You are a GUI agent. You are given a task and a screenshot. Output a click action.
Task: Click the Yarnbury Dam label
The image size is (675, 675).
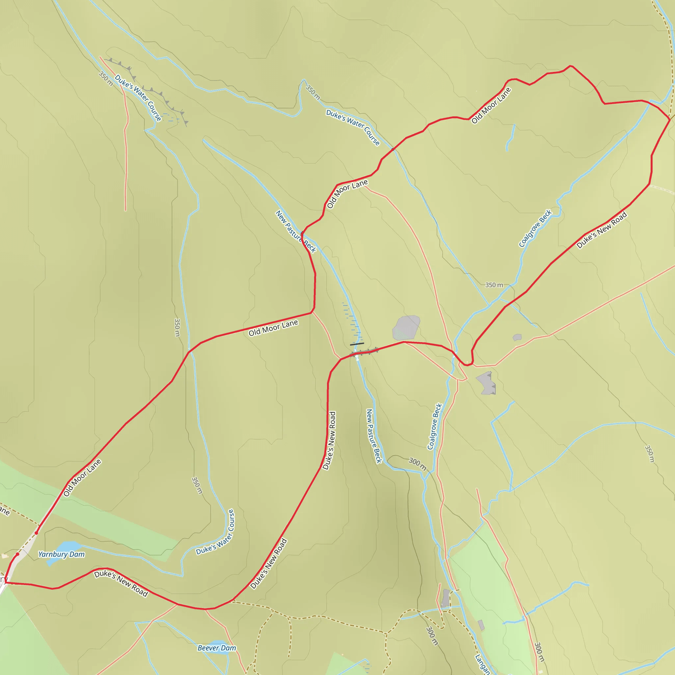[x=62, y=554]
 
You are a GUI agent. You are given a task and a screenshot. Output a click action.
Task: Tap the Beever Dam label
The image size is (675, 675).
[x=217, y=648]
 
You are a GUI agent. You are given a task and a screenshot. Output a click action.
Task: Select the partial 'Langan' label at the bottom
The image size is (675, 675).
[x=483, y=664]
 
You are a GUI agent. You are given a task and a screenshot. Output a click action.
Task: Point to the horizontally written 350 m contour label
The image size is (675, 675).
[x=494, y=285]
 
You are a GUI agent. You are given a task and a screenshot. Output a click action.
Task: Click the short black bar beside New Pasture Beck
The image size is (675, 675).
[x=357, y=344]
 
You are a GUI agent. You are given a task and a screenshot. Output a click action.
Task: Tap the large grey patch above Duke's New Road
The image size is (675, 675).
[x=406, y=327]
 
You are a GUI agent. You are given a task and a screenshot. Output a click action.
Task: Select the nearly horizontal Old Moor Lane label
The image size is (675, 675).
[x=273, y=328]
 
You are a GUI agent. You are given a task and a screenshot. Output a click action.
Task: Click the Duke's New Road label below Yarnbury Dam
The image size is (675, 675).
[x=121, y=583]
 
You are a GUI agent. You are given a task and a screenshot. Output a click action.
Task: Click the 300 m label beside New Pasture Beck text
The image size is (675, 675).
[x=418, y=464]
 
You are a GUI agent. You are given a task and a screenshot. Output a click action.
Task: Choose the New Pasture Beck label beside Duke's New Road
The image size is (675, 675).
[x=373, y=436]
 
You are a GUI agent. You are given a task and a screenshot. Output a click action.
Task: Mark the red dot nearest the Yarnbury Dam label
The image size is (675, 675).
[x=17, y=554]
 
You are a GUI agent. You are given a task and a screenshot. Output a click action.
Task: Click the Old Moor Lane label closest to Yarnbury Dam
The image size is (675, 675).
[x=82, y=478]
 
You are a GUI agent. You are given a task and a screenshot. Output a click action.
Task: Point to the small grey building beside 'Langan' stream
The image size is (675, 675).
[x=481, y=625]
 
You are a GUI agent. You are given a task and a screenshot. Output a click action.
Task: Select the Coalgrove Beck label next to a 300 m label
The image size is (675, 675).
[x=435, y=426]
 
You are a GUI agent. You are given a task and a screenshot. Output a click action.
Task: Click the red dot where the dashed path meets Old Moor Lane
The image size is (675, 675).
[x=36, y=533]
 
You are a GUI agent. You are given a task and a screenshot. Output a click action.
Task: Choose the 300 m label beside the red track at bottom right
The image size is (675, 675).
[x=540, y=652]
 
